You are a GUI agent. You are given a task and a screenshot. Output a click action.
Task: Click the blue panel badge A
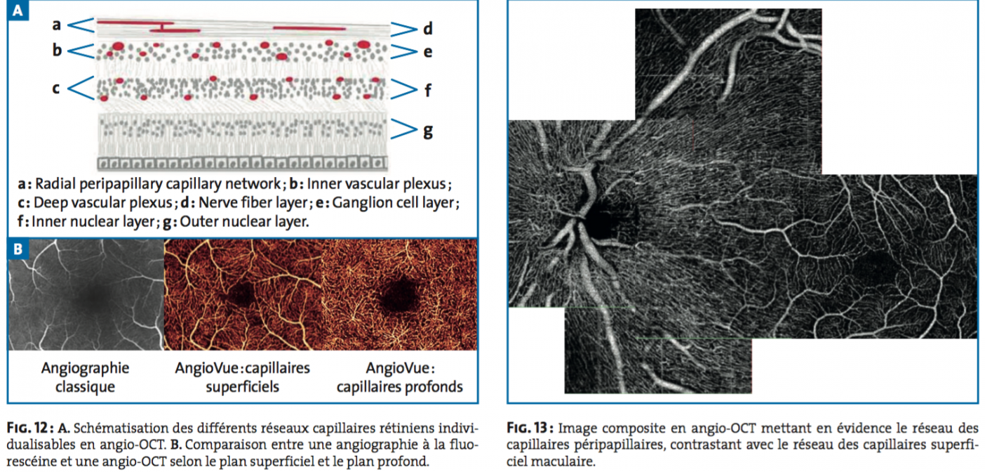[18, 10]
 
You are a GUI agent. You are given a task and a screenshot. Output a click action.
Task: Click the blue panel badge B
[18, 249]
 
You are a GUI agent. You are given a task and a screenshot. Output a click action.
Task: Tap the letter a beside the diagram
[56, 25]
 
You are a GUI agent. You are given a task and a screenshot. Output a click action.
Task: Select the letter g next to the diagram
[428, 131]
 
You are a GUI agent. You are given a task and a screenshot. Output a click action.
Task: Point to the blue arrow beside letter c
[81, 88]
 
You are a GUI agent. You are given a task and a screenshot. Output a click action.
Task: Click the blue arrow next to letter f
[403, 89]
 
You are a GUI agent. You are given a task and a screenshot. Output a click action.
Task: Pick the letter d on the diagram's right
[428, 29]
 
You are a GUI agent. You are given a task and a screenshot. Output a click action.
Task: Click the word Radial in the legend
[55, 183]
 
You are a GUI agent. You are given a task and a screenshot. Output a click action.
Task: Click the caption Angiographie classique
[86, 377]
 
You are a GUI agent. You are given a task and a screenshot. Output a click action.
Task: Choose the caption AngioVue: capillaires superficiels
[242, 377]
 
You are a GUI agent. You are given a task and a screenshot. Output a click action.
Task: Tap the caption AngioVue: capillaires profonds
[400, 377]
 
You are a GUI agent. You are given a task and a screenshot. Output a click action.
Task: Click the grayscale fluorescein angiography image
[86, 294]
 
